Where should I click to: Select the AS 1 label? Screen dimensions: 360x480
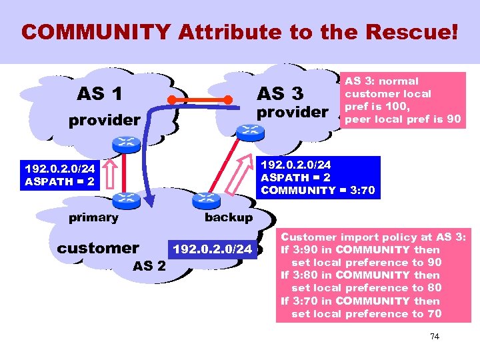point(99,94)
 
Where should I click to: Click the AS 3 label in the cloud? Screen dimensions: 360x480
point(279,93)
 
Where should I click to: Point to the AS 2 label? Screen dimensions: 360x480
point(149,265)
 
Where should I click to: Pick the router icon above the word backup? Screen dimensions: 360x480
point(205,199)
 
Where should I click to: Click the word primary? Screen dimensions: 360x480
point(93,217)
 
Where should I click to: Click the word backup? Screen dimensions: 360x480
point(228,217)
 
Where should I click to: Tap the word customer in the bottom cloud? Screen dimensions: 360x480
point(98,248)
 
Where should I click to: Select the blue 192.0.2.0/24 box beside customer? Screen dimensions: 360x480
point(213,249)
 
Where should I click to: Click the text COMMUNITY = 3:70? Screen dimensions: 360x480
point(317,191)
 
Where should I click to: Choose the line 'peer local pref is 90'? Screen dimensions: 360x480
point(402,119)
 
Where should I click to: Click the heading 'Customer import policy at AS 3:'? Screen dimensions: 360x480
point(375,237)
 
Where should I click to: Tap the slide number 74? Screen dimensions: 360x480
point(434,337)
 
